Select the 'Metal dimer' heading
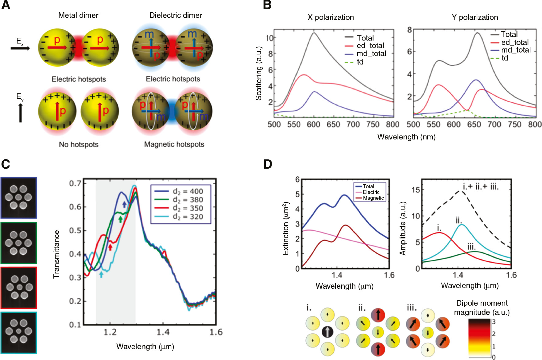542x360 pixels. click(78, 15)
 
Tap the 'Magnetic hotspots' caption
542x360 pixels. click(174, 144)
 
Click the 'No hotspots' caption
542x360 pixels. click(79, 144)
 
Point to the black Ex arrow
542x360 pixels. click(20, 48)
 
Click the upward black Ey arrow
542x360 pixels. click(21, 113)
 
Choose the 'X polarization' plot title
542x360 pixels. click(331, 17)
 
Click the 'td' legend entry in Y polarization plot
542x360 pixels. click(505, 58)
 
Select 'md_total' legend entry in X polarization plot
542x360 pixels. click(371, 54)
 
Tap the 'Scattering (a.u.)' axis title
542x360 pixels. click(259, 73)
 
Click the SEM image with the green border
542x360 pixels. click(19, 243)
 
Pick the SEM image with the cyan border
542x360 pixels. click(19, 333)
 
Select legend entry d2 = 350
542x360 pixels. click(188, 208)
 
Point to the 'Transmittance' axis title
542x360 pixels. click(56, 254)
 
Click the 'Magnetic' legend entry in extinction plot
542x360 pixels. click(373, 198)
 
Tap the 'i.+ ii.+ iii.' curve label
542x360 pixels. click(481, 186)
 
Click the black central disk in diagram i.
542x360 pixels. click(327, 332)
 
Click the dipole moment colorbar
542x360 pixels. click(479, 338)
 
